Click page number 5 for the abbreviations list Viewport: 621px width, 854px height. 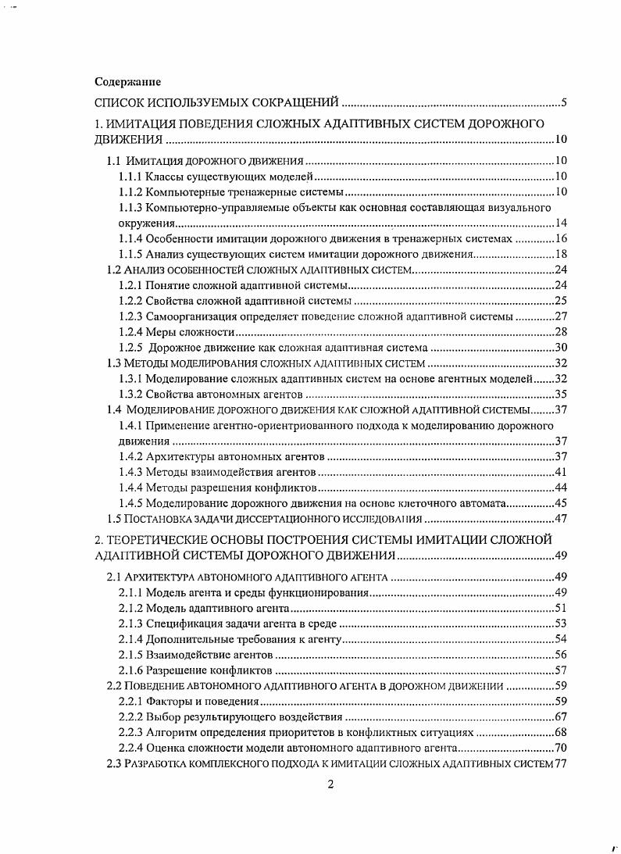pos(563,102)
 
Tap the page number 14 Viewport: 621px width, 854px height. pos(560,223)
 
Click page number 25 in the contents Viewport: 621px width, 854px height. pos(560,301)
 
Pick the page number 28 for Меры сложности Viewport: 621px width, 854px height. pos(560,332)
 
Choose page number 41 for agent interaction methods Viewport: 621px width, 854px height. pos(560,472)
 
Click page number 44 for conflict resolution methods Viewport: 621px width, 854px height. pos(560,488)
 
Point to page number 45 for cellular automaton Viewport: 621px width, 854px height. pos(560,503)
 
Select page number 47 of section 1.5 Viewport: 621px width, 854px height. pos(560,519)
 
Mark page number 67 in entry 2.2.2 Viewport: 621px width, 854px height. pos(560,716)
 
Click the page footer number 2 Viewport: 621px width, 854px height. pos(330,785)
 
